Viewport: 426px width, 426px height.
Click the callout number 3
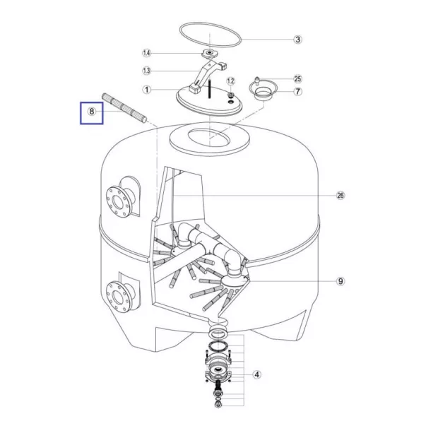tap(297, 40)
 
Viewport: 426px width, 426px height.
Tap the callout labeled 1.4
tap(146, 53)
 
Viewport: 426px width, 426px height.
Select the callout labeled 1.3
tap(146, 71)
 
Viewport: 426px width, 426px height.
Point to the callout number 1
tap(147, 90)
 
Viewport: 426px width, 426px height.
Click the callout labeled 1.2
tap(230, 81)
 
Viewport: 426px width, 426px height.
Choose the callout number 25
tap(297, 79)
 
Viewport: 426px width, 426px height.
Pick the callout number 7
tap(297, 91)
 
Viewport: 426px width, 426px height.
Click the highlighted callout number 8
tap(92, 111)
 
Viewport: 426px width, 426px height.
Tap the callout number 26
tap(340, 195)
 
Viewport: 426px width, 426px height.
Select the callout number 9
tap(340, 281)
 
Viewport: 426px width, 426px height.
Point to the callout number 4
tap(256, 374)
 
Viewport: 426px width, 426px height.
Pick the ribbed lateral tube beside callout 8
tap(124, 108)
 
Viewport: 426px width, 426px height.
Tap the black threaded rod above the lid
tap(210, 89)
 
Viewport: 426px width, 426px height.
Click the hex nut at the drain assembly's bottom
tap(217, 405)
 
